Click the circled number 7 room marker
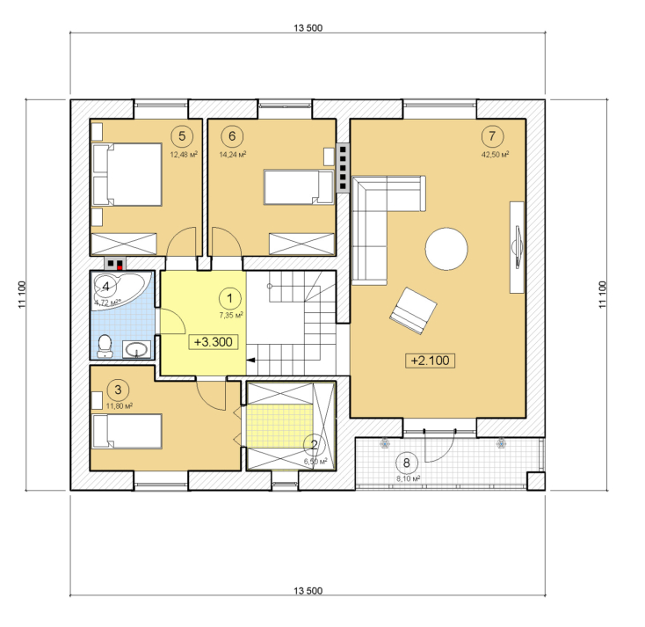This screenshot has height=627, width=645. (492, 135)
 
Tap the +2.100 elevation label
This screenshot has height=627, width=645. (431, 361)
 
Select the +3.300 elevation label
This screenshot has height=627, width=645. (213, 342)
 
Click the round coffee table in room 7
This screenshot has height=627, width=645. (446, 249)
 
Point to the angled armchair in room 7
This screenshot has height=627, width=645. (413, 310)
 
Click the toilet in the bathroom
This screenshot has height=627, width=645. (105, 346)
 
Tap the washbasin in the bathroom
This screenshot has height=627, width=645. (136, 349)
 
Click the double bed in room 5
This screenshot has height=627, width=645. (127, 174)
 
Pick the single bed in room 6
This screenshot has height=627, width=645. (299, 187)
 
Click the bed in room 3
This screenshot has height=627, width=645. (127, 431)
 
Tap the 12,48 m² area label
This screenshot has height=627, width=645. (184, 155)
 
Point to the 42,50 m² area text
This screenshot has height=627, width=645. (496, 155)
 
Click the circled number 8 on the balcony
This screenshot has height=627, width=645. (406, 463)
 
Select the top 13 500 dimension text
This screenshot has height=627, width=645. (308, 28)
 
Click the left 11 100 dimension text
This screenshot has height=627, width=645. (22, 295)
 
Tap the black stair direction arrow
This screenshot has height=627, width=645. (250, 361)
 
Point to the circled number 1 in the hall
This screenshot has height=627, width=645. (229, 298)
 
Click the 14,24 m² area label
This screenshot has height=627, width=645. (233, 155)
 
